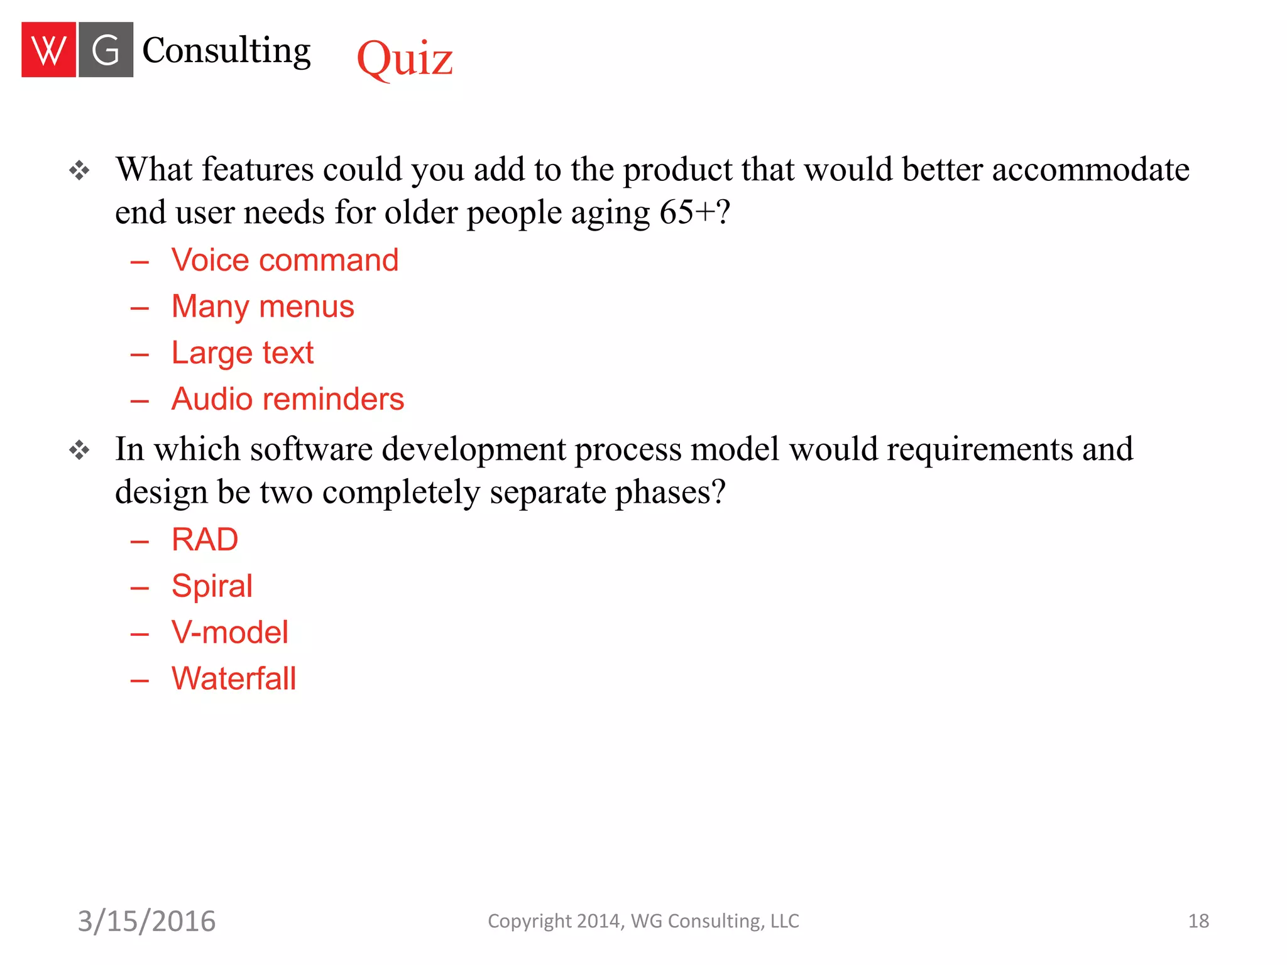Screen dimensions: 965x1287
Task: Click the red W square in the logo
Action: (48, 50)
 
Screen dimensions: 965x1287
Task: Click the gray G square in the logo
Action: (106, 50)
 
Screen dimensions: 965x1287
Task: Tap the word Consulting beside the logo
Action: (226, 51)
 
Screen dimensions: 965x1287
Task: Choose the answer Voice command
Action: (285, 260)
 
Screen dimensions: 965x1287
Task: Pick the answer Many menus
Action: (263, 307)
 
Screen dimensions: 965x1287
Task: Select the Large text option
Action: (242, 353)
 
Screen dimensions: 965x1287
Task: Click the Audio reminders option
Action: (288, 400)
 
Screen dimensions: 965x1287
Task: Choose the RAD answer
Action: (205, 540)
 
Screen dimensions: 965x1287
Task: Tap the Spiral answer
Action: (212, 586)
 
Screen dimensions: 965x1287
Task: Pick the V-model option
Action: (230, 633)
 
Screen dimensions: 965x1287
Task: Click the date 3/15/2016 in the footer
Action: (146, 921)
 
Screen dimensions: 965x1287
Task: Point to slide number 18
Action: (1198, 921)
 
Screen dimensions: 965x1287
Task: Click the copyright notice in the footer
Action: (643, 921)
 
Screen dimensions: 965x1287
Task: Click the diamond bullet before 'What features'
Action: (80, 170)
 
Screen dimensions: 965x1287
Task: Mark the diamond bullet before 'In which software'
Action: (80, 450)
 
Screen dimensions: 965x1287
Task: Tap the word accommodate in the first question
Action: (1090, 170)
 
